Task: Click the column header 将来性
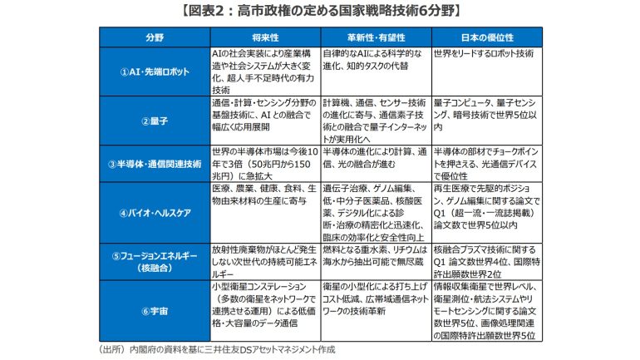(264, 38)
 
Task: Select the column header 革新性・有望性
(375, 38)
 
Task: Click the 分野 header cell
(155, 38)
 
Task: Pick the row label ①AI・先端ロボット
(155, 72)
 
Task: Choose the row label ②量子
(155, 121)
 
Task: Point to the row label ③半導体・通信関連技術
(155, 164)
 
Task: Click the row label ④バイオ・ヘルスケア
(155, 213)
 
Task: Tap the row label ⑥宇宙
(155, 311)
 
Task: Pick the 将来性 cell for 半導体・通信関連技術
(264, 164)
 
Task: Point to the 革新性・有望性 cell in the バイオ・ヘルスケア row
(375, 213)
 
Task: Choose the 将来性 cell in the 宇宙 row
(264, 311)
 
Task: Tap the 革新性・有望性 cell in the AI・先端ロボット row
(375, 59)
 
